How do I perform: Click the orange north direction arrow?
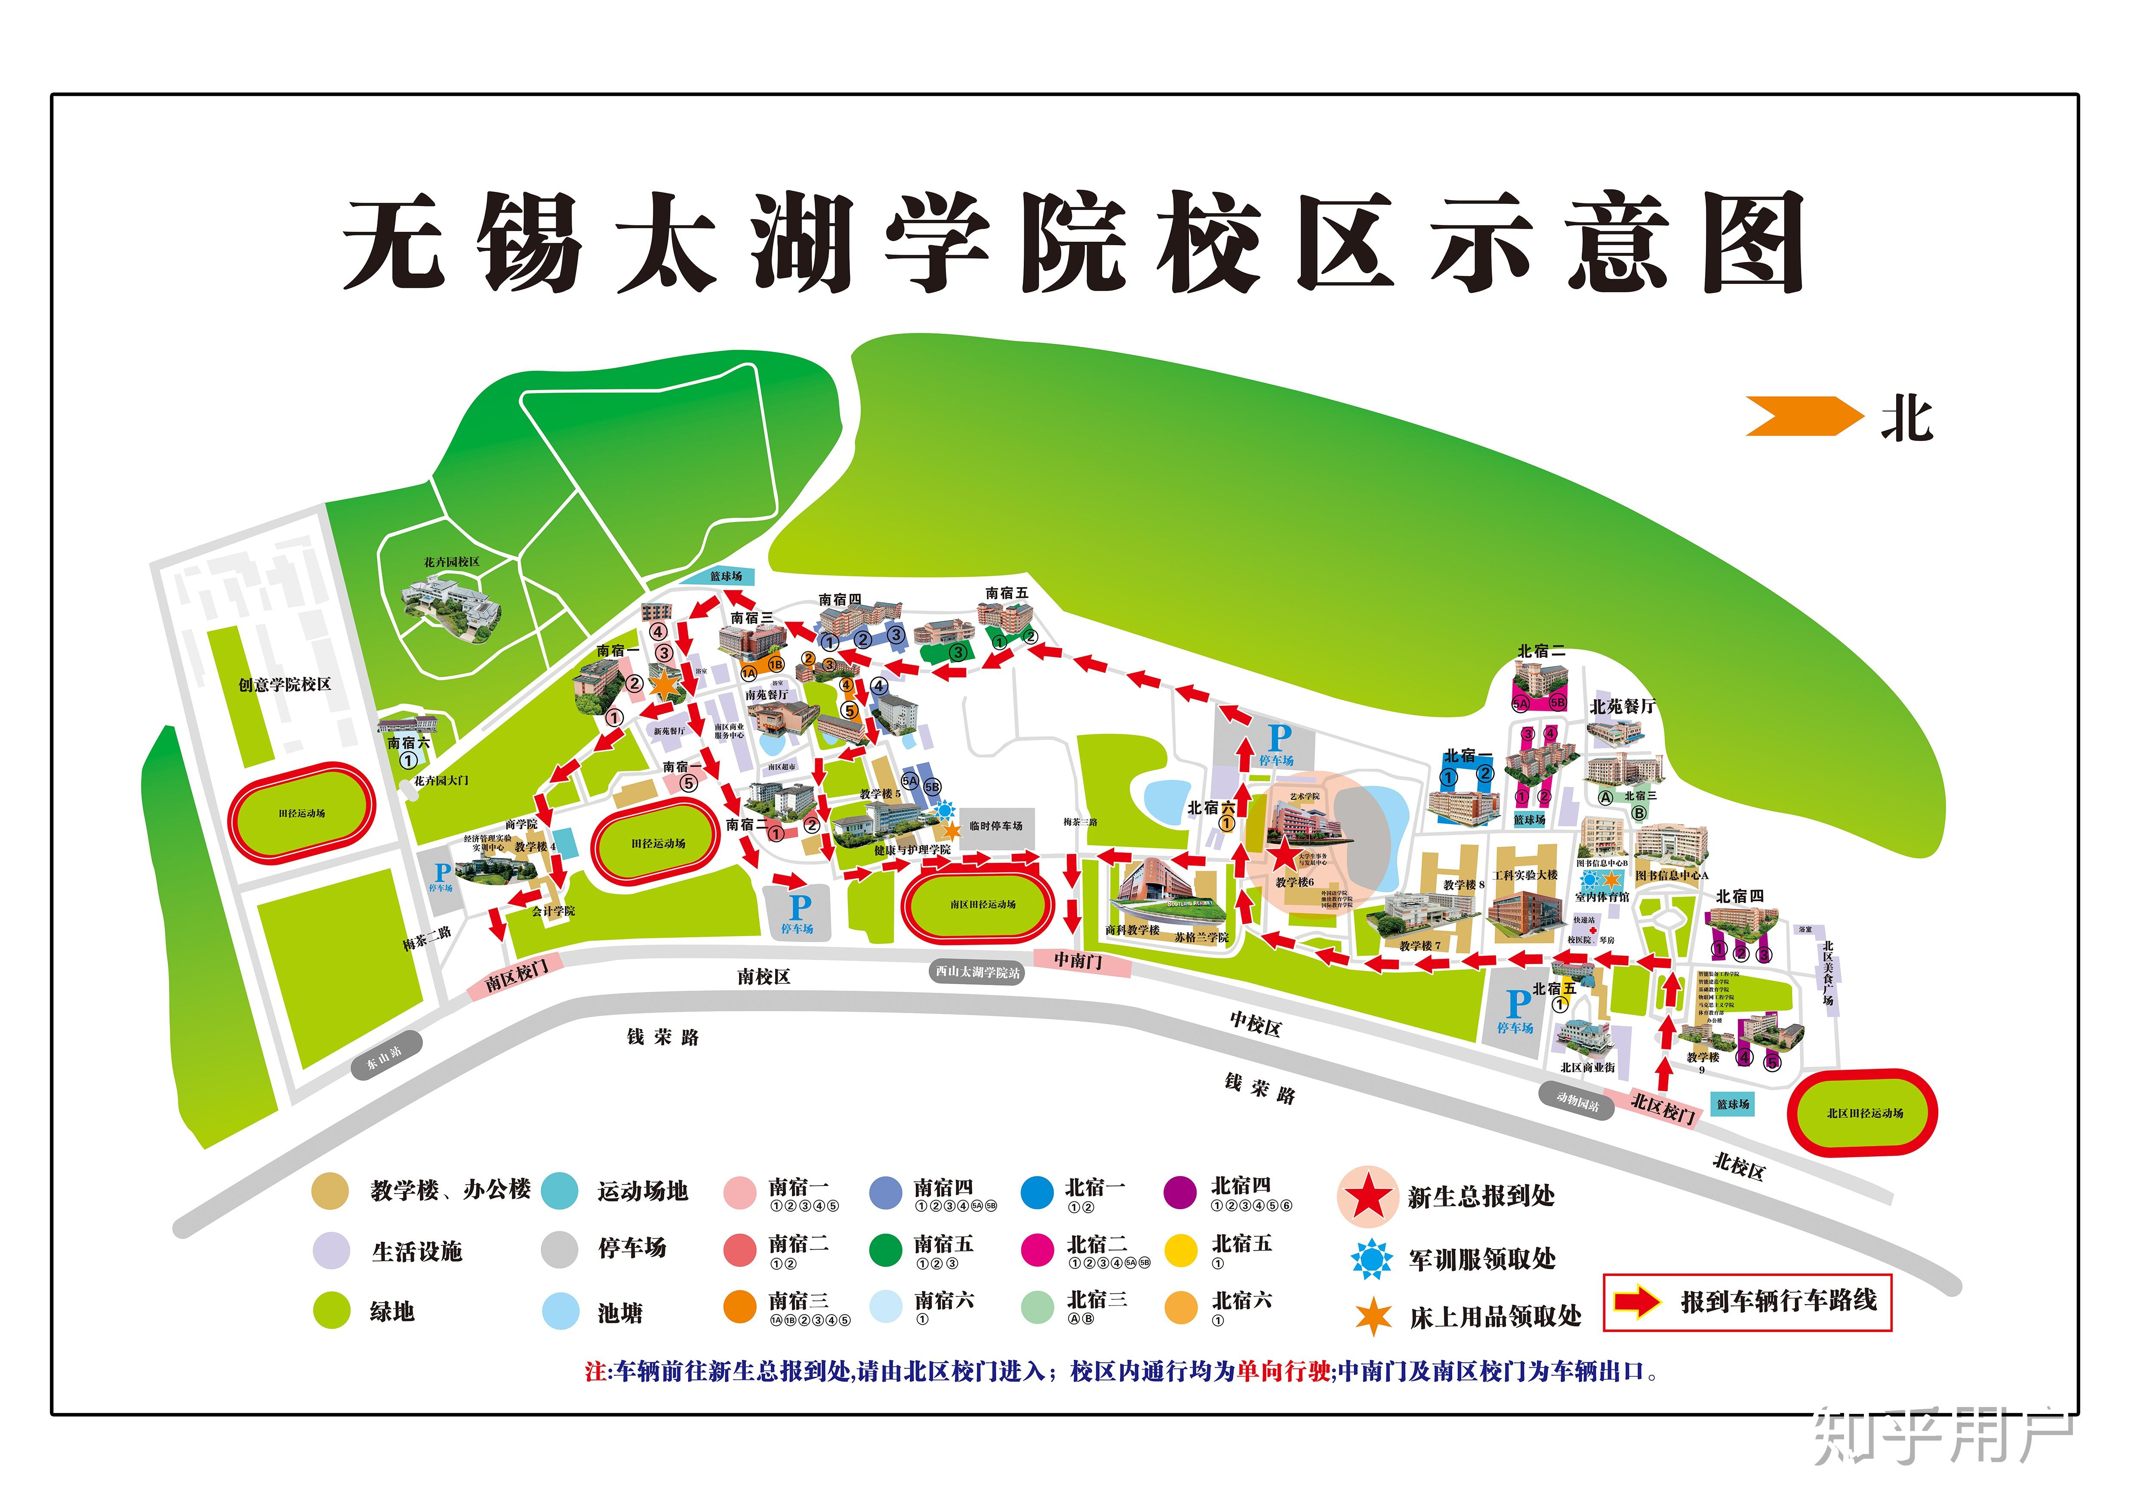(x=1803, y=416)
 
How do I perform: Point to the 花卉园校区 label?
(x=452, y=562)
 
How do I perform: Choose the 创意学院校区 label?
(x=284, y=685)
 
